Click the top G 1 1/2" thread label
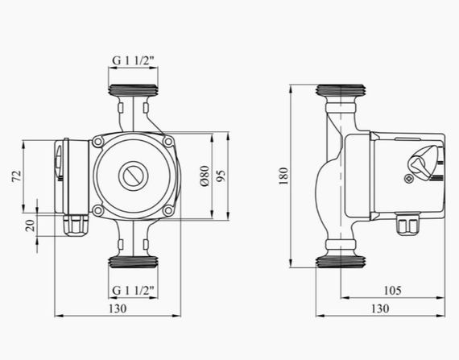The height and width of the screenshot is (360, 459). [133, 61]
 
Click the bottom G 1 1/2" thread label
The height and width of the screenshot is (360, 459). [133, 291]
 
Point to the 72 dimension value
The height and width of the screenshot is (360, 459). [17, 176]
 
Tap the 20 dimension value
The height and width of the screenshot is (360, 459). [31, 226]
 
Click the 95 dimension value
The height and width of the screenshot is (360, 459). [221, 176]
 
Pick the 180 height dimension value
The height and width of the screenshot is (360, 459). [283, 176]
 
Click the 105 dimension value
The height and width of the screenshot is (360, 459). [392, 291]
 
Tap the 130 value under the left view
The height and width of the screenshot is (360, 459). [118, 308]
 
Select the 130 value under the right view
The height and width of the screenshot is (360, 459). [380, 308]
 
